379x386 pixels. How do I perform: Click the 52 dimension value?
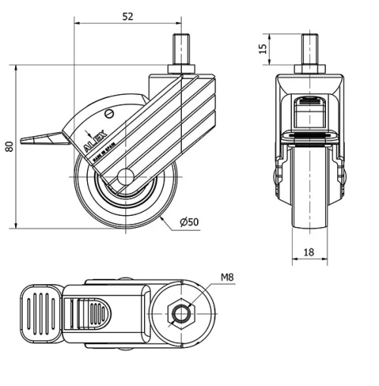tap(128, 16)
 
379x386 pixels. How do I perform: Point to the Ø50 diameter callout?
tap(189, 222)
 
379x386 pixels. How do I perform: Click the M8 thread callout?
tap(226, 278)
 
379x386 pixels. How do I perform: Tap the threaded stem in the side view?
tap(182, 52)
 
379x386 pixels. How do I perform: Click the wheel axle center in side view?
tap(126, 179)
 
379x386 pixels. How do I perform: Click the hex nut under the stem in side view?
tap(182, 71)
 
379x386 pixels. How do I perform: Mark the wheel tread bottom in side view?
tap(126, 225)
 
